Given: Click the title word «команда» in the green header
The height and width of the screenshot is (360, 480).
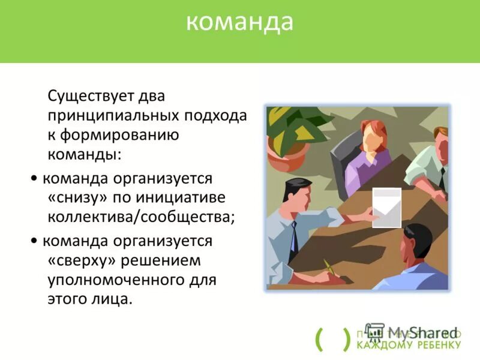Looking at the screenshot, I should click(x=239, y=22).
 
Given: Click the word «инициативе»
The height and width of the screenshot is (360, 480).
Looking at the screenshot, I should click(x=197, y=197).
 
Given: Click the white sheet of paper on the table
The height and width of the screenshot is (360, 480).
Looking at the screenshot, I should click(x=386, y=207).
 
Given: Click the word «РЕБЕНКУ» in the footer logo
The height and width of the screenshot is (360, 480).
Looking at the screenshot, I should click(x=438, y=345).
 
